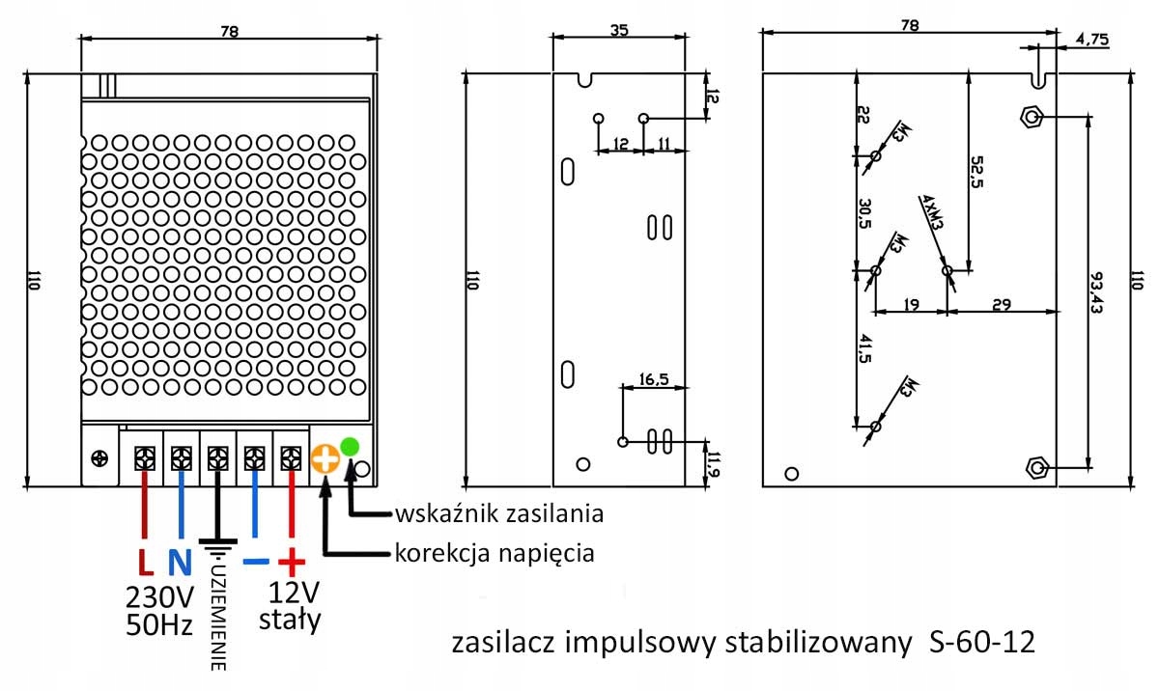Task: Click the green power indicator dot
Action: tap(349, 446)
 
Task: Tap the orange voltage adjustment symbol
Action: tap(325, 459)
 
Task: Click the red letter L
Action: tap(144, 562)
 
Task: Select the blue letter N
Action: tap(181, 562)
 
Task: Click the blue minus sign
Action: tap(255, 562)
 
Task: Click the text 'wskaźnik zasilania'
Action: tap(498, 513)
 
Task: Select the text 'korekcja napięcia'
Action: tap(494, 554)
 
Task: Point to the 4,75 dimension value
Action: tap(1090, 40)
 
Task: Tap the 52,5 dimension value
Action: tap(976, 173)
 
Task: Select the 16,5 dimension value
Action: tap(654, 378)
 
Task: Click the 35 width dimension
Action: tap(619, 30)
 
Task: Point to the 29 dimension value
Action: tap(1001, 305)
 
